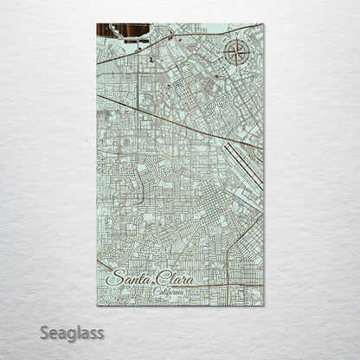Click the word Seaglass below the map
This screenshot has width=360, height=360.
click(71, 332)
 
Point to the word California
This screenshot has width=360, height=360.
click(170, 292)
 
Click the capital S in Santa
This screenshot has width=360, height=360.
click(112, 278)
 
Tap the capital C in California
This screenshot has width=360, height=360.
click(155, 292)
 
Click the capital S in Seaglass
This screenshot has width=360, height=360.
click(44, 331)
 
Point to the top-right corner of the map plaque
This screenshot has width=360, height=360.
click(263, 24)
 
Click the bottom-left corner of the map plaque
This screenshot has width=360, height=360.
click(97, 305)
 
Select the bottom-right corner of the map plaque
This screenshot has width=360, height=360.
click(263, 305)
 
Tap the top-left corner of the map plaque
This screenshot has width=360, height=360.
click(97, 24)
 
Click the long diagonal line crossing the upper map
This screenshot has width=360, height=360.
click(173, 119)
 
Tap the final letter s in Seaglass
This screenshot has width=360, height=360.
click(100, 332)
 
